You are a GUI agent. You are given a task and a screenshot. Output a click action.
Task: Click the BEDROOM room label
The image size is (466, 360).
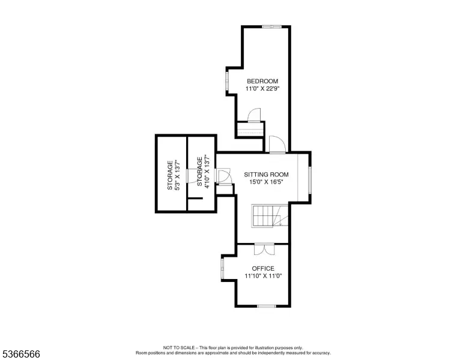262,81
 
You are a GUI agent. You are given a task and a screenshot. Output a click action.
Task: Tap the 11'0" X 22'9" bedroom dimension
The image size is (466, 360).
262,89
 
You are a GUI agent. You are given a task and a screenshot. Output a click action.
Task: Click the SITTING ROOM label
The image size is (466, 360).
266,175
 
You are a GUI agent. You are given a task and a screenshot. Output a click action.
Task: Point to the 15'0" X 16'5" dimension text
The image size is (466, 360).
266,182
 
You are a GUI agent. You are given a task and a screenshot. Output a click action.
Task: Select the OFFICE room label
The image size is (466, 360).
263,269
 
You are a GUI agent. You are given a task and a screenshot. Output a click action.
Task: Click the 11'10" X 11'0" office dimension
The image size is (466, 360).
263,276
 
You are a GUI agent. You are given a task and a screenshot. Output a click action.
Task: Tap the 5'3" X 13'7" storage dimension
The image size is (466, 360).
177,175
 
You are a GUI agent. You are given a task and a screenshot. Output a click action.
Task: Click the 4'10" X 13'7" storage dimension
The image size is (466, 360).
207,173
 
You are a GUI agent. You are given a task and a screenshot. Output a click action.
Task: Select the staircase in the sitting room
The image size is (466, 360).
270,216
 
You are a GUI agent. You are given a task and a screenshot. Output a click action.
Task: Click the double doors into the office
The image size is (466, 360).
264,249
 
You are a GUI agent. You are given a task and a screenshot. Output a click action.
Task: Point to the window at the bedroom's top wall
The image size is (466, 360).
271,27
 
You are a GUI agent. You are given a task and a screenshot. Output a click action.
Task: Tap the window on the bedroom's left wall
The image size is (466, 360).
227,81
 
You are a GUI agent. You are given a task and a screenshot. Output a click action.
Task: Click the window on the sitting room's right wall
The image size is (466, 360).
310,180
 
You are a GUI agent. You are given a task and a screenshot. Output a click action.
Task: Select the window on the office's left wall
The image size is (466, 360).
222,269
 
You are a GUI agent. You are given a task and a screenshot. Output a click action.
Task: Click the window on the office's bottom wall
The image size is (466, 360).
267,306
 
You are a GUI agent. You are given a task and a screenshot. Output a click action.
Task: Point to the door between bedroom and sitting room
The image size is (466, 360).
277,145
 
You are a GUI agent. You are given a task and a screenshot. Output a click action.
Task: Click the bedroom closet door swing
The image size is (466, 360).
254,115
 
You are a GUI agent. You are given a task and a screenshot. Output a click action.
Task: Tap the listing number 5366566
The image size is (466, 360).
21,354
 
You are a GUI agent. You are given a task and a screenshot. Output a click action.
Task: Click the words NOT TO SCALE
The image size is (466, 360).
179,347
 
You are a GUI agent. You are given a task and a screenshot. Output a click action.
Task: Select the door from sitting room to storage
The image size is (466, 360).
223,176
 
